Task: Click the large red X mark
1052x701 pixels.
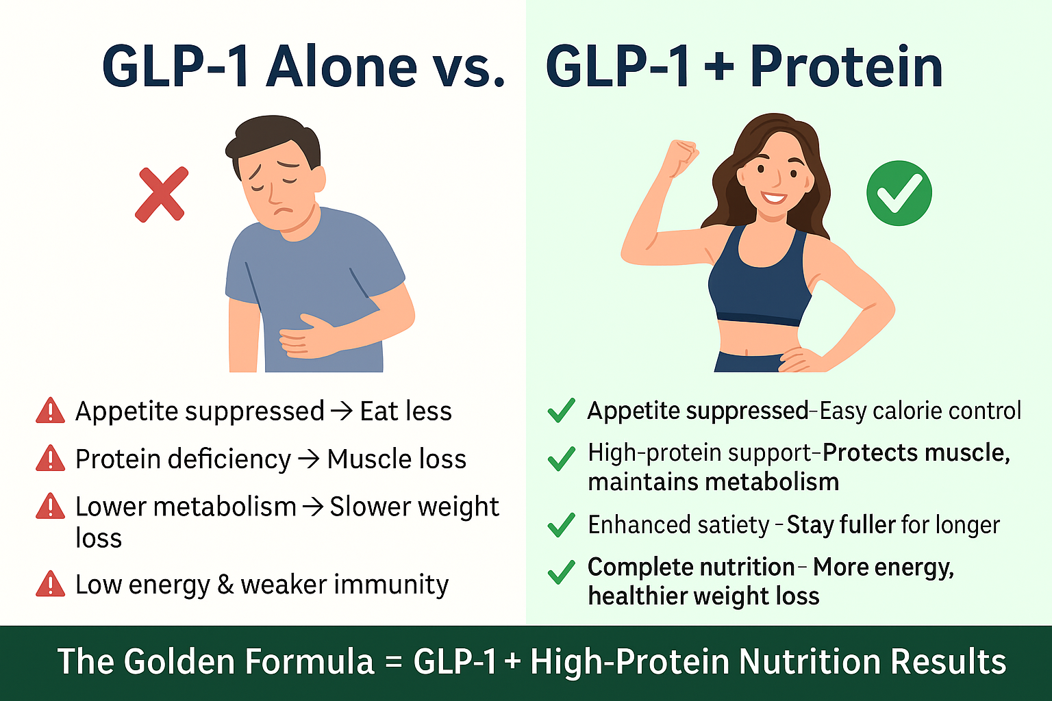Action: click(162, 194)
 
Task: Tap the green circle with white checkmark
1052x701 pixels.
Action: click(899, 193)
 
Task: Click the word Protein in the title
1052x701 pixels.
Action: click(847, 66)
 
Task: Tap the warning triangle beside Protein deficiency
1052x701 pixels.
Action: click(50, 458)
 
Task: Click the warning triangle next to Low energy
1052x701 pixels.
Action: click(50, 584)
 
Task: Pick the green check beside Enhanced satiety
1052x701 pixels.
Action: click(561, 524)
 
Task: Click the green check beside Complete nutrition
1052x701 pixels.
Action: click(561, 572)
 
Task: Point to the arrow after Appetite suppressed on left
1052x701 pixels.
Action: click(342, 411)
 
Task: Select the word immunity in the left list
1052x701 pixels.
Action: click(392, 585)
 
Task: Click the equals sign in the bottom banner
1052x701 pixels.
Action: click(394, 662)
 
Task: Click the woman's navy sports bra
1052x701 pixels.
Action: click(760, 282)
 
